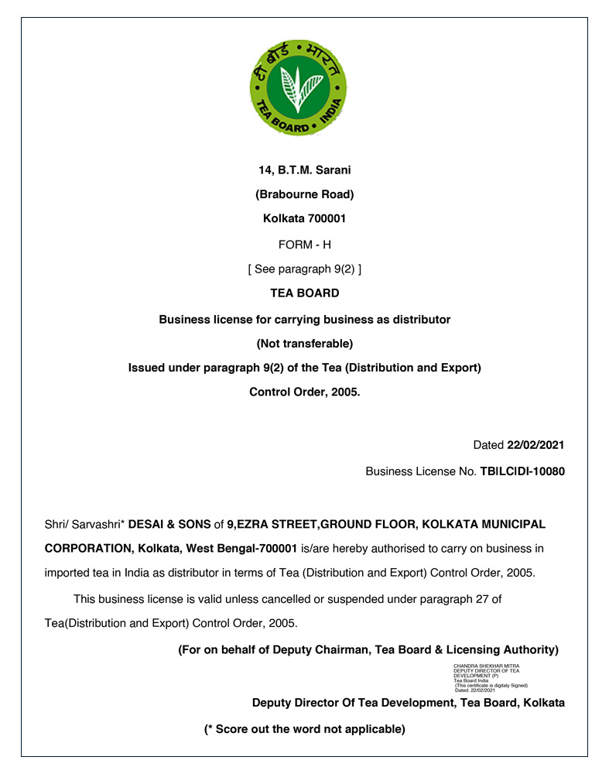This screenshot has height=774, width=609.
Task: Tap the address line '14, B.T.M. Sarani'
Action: click(305, 170)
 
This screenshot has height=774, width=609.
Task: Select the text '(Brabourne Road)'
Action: click(305, 194)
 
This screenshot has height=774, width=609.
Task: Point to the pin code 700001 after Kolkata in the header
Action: click(326, 219)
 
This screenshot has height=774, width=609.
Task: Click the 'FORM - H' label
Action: click(305, 245)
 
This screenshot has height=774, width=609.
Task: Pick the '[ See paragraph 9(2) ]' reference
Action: click(305, 269)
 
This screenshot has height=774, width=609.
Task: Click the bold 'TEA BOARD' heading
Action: click(305, 293)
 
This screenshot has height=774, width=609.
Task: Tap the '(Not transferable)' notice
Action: click(305, 343)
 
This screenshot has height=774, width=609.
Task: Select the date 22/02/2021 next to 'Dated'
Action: click(535, 445)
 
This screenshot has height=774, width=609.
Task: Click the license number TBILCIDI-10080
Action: click(522, 471)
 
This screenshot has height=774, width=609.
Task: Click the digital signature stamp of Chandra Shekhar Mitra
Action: click(491, 677)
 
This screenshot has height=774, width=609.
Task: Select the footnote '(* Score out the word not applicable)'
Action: click(305, 729)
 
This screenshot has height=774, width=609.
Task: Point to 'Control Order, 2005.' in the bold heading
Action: click(305, 392)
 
